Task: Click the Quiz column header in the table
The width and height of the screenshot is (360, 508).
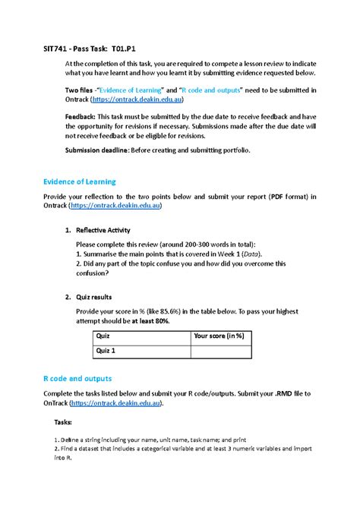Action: coord(102,336)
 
